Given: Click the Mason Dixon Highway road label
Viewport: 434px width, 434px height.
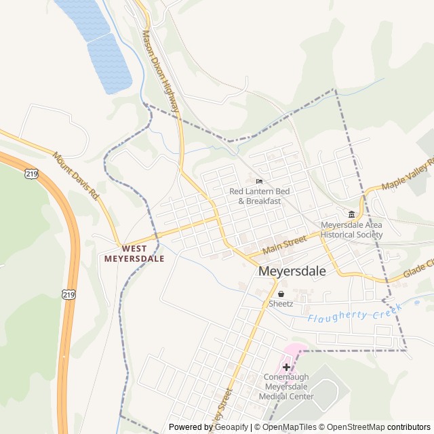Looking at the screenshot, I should coord(161,71).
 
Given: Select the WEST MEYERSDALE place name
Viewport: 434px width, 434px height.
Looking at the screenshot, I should coord(134,254).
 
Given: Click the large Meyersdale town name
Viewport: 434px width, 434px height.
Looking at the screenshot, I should coord(292,271).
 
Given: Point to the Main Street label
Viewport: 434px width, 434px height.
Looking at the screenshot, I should coord(285,245).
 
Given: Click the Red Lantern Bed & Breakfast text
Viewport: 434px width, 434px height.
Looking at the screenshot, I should coord(259,196).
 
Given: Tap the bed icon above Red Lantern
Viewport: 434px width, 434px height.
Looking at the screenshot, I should coord(259,181).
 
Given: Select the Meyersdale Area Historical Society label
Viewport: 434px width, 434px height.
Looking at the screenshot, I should coord(351,230).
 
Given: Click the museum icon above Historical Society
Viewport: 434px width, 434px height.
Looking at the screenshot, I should coord(351,214).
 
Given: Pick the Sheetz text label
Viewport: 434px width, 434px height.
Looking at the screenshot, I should coord(281,304).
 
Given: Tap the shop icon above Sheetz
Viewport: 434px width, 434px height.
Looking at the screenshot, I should coord(281,293).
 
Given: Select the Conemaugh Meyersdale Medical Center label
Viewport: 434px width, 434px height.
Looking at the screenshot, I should coord(286,388).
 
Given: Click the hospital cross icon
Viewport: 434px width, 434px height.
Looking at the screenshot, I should coord(286,367).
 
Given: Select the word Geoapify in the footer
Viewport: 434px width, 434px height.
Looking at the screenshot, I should coord(229,427).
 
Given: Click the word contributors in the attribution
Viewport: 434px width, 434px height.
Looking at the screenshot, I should coord(409,427).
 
